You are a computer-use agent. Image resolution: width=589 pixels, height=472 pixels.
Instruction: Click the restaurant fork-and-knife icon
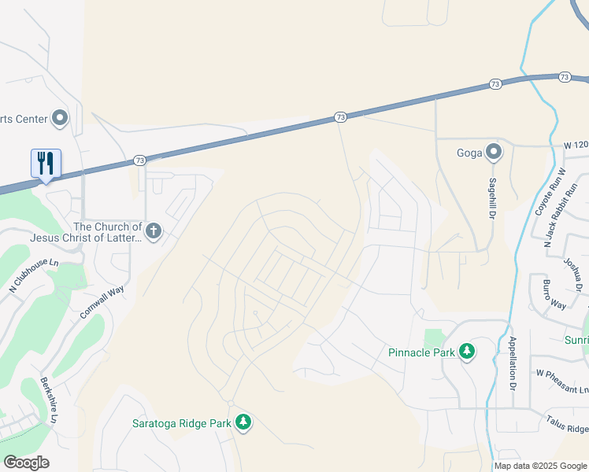(x=46, y=163)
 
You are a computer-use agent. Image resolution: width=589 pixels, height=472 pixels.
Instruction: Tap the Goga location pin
(x=494, y=151)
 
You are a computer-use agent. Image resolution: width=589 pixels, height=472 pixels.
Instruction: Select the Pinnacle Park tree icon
(x=467, y=351)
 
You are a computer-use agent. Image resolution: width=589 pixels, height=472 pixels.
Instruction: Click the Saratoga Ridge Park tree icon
(x=243, y=422)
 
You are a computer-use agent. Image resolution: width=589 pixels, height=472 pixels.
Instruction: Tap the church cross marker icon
(x=154, y=231)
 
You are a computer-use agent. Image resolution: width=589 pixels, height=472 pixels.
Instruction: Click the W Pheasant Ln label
(x=562, y=373)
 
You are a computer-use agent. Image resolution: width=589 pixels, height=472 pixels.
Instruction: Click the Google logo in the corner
(x=26, y=463)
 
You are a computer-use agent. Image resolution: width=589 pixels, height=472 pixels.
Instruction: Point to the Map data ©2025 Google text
(x=540, y=466)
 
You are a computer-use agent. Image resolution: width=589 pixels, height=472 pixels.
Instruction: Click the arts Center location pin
(x=60, y=119)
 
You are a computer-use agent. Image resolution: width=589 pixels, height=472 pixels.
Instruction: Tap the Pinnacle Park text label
(x=421, y=352)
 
